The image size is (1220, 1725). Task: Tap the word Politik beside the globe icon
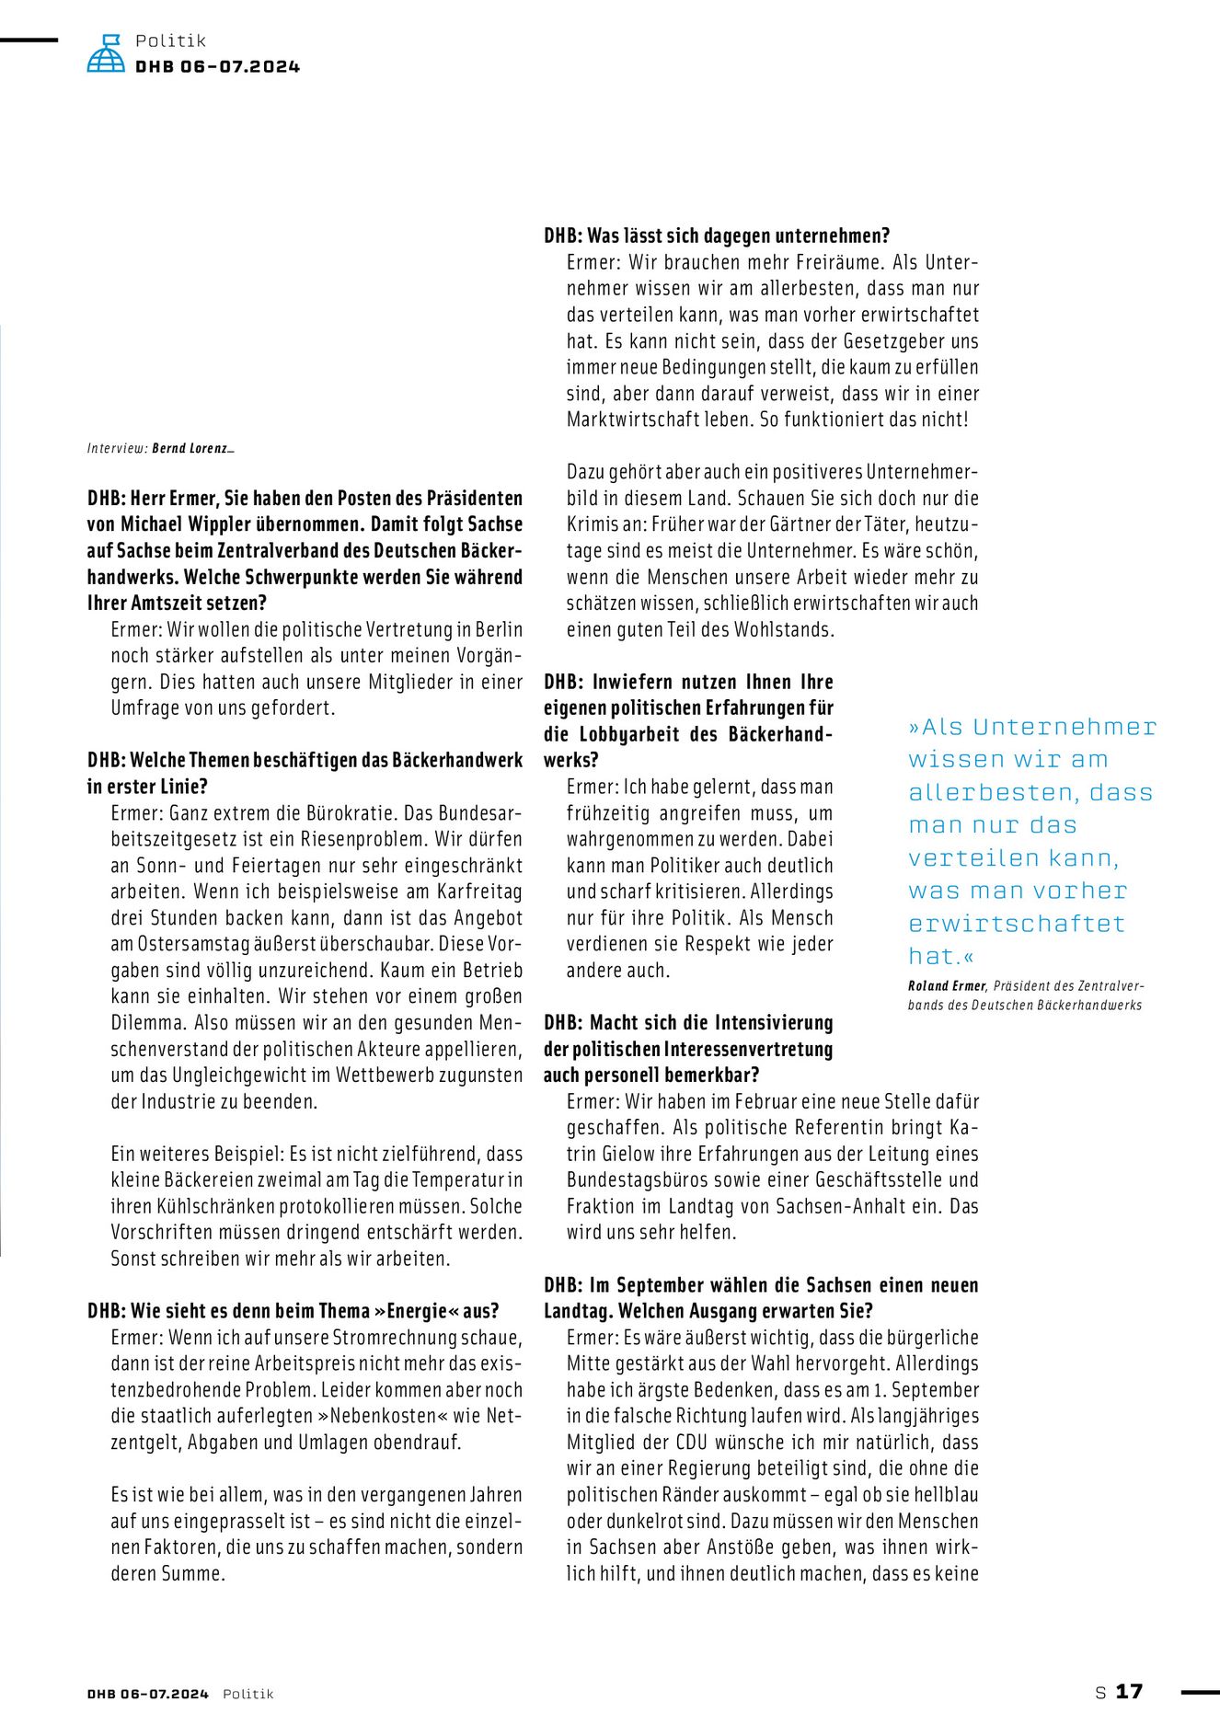[x=170, y=40]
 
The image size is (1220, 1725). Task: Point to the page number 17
[x=1129, y=1692]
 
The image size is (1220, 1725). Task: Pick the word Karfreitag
[x=478, y=891]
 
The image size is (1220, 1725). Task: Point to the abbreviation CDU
[x=692, y=1443]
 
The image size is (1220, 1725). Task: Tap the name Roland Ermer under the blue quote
[x=948, y=986]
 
